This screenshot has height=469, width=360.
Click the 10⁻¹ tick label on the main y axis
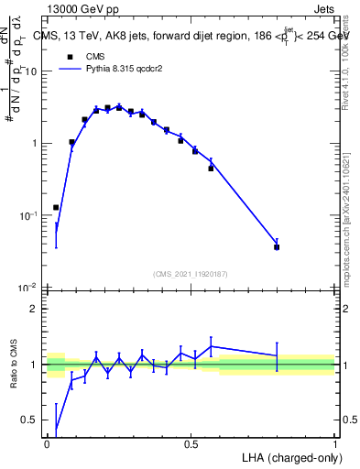click(29, 214)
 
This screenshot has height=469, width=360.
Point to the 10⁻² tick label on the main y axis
click(29, 287)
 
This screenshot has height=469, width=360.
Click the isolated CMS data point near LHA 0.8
click(277, 246)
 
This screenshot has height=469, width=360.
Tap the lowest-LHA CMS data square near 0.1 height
click(56, 208)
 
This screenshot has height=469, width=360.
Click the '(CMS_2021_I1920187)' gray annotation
click(191, 273)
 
